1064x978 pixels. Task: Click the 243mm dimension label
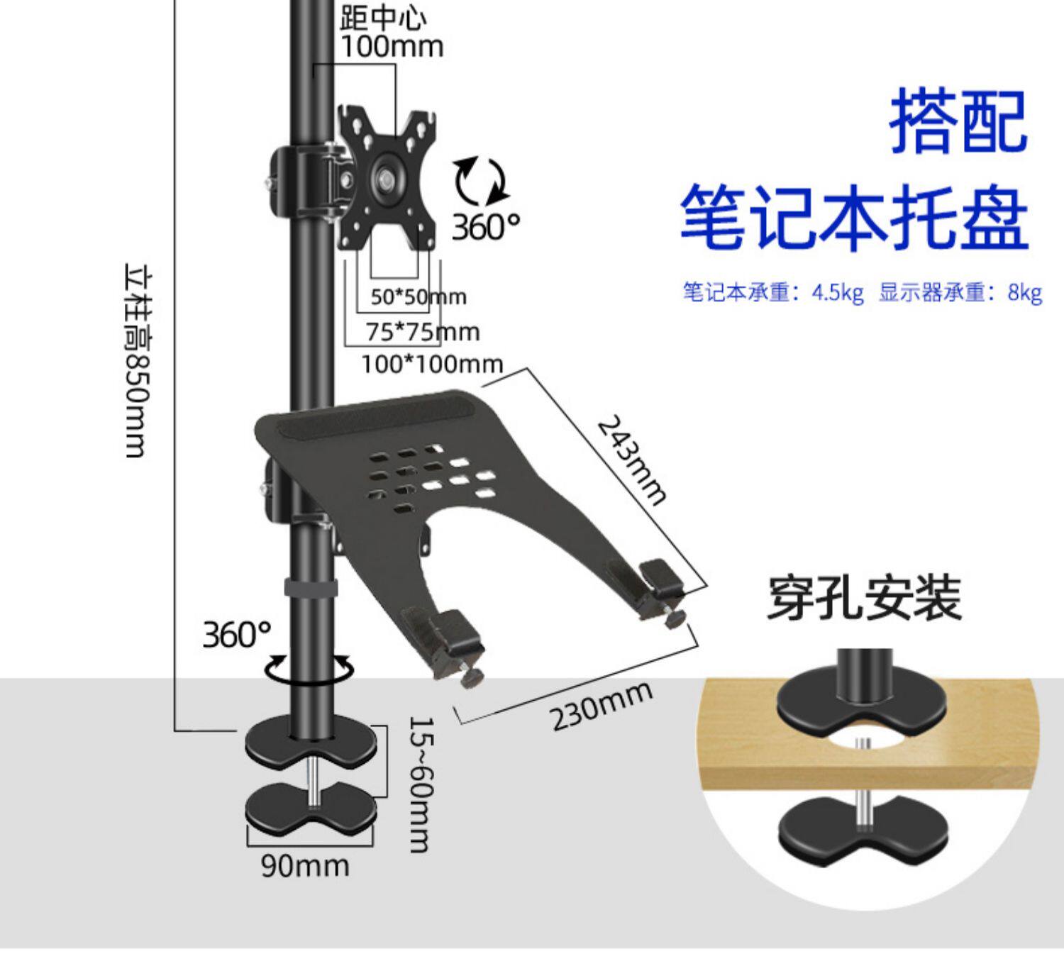[x=631, y=460]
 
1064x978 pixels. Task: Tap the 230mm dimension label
[x=600, y=705]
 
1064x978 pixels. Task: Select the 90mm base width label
[x=305, y=866]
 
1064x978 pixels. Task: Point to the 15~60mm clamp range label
[x=422, y=785]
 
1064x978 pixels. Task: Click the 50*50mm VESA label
[x=419, y=297]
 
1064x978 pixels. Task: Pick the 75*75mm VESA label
[x=423, y=332]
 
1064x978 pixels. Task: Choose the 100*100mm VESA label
[x=432, y=365]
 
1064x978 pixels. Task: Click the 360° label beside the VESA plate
[x=486, y=227]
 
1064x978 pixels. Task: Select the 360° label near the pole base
[x=236, y=634]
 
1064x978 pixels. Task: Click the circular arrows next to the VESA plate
[x=481, y=182]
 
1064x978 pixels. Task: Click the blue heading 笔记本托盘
[x=855, y=218]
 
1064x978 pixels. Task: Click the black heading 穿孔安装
[x=865, y=599]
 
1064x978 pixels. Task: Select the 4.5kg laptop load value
[x=838, y=292]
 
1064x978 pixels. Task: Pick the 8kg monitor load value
[x=1025, y=292]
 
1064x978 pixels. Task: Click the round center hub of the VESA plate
[x=387, y=178]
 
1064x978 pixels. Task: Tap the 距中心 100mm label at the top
[x=392, y=33]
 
